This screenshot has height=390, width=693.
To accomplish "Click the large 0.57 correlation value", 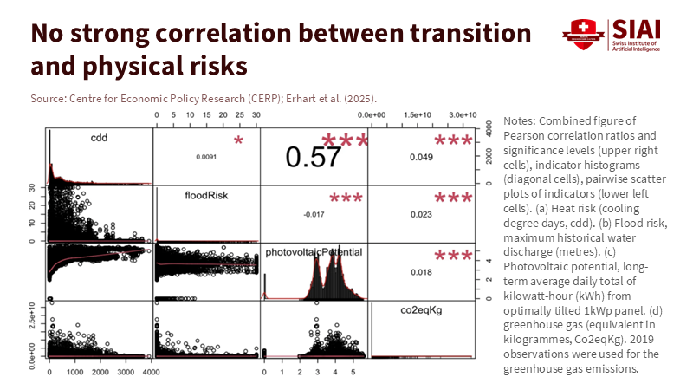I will point(314,157).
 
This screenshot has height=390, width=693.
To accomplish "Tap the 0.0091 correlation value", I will point(205,157).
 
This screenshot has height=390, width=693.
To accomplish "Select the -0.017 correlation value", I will point(314,214).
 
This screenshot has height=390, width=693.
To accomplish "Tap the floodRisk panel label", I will point(205,196).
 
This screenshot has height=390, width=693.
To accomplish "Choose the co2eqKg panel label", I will point(424,309).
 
